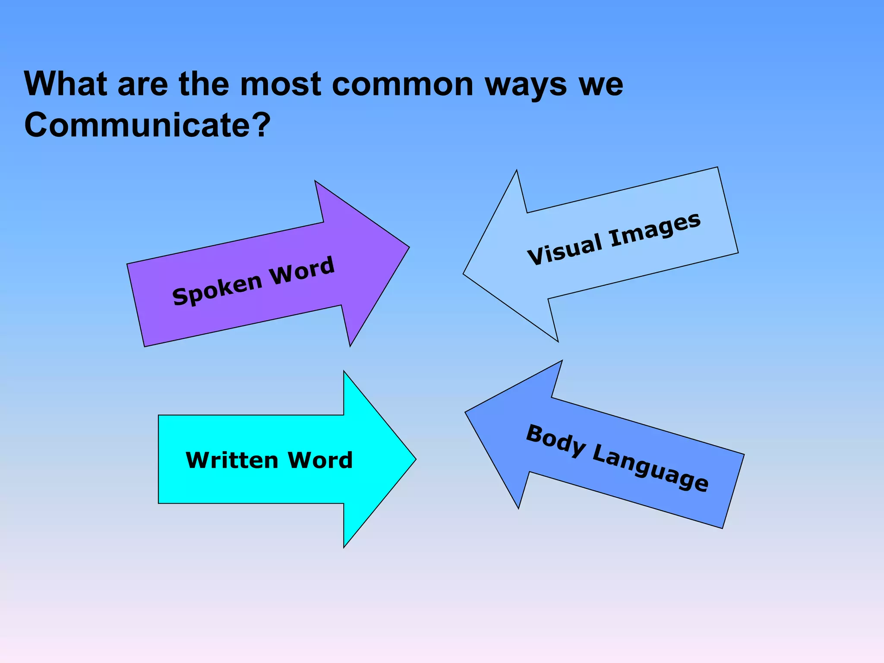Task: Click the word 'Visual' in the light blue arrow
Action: click(565, 249)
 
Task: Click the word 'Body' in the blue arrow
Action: click(556, 441)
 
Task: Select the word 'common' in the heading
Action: click(403, 85)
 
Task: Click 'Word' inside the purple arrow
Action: click(302, 271)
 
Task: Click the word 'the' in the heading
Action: click(204, 84)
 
